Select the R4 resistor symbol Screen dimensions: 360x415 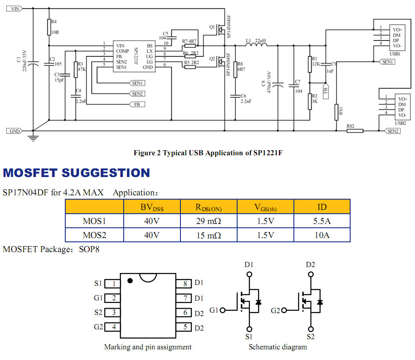coord(49,27)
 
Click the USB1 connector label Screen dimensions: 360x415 coord(395,54)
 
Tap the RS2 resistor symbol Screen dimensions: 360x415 coord(355,131)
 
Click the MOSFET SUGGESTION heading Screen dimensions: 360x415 coord(76,173)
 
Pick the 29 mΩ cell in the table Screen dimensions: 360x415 coord(208,221)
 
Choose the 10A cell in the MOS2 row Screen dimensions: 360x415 coord(322,235)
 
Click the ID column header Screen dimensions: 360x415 coord(322,207)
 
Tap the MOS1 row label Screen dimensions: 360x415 coord(94,221)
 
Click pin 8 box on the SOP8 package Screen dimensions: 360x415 coord(184,284)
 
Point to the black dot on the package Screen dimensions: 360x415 coord(130,281)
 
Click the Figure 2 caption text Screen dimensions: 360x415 coord(208,153)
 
